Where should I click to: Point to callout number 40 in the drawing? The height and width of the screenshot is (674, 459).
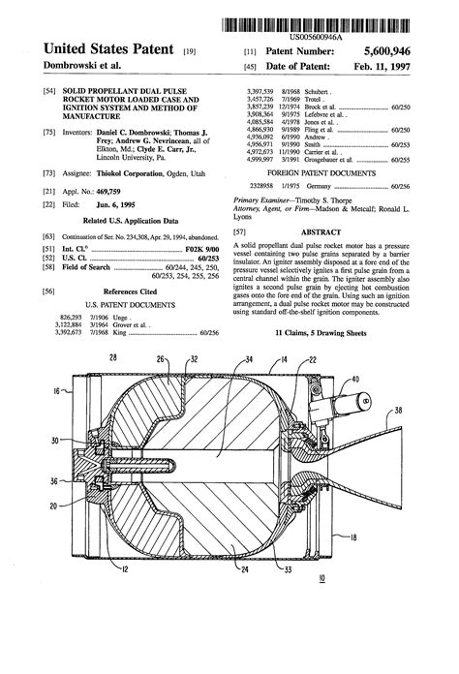tap(382, 378)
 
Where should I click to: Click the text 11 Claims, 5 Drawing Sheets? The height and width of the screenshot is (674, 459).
tap(320, 332)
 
